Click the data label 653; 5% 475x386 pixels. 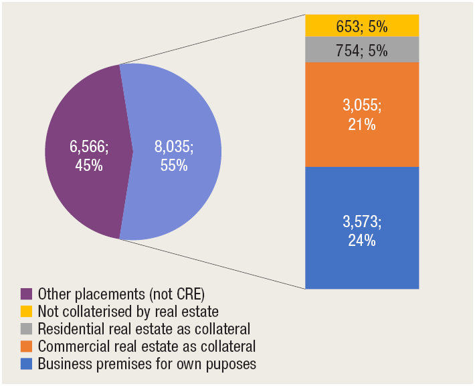tap(362, 27)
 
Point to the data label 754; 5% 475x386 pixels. tap(362, 50)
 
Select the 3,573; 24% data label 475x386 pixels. tap(361, 230)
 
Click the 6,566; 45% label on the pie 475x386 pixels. tap(89, 155)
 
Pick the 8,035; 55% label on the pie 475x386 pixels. tap(173, 155)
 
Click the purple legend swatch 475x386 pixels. tap(27, 294)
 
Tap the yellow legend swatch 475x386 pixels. tap(27, 312)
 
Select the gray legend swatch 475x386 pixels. tap(27, 329)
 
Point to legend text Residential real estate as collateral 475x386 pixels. tap(144, 329)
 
